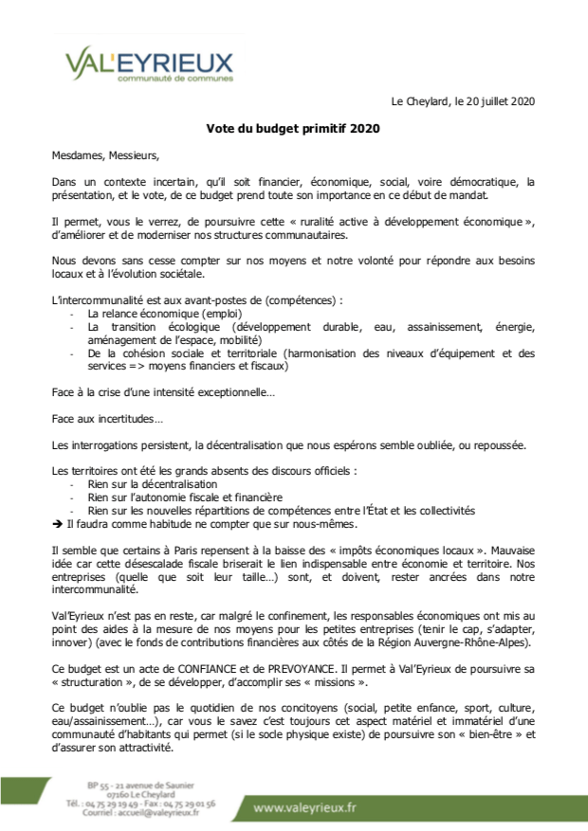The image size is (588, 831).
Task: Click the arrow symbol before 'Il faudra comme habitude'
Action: point(58,523)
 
